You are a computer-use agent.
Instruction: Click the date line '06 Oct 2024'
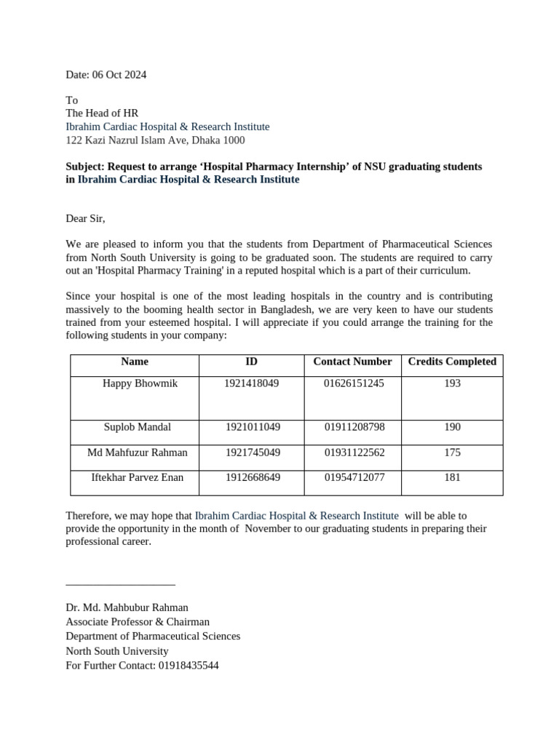[106, 75]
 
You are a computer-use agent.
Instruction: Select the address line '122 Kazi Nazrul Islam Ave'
[155, 140]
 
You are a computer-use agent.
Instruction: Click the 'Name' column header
[135, 362]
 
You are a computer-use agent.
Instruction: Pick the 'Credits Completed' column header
[452, 362]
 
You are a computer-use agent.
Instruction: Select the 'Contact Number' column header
[352, 362]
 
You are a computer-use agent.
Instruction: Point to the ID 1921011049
[252, 427]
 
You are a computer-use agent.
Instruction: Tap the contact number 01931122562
[354, 453]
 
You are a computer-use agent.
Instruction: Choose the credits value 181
[452, 478]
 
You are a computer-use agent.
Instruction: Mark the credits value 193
[452, 383]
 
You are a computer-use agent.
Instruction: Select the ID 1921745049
[252, 453]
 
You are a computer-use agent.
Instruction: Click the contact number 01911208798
[354, 427]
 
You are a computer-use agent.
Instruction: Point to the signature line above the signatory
[120, 584]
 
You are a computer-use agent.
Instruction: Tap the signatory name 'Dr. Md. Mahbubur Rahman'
[127, 607]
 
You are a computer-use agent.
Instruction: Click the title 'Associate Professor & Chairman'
[138, 622]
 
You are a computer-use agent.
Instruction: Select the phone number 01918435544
[188, 666]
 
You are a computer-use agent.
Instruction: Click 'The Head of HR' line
[102, 113]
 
